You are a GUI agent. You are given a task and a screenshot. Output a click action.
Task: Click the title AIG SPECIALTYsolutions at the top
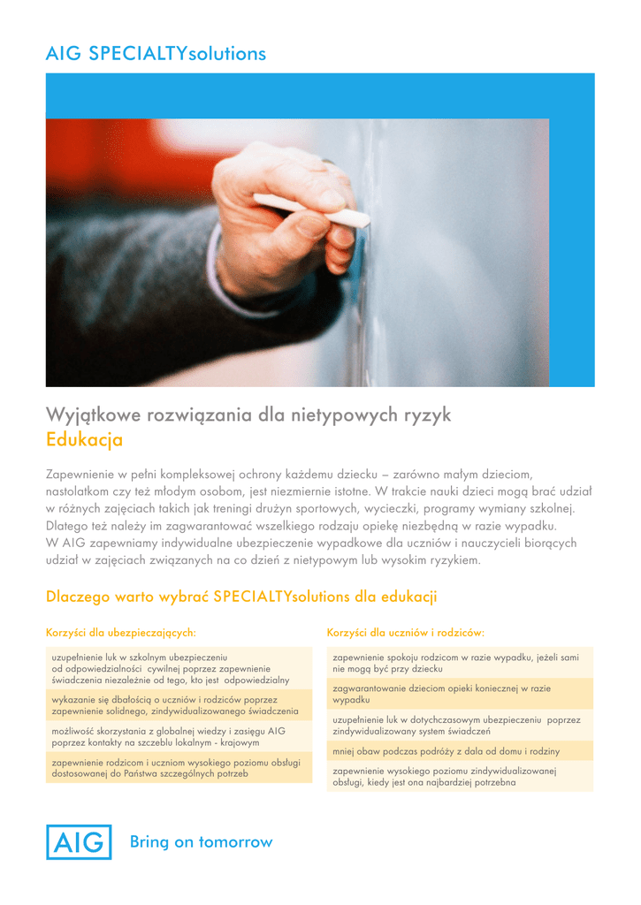click(156, 54)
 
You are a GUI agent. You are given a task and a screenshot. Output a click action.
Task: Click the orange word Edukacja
click(84, 439)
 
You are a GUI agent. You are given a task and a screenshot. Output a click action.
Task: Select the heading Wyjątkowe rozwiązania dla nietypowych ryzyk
click(248, 414)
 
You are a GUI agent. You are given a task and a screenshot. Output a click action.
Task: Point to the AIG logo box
click(79, 842)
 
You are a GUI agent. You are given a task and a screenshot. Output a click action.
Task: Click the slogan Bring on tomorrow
click(201, 842)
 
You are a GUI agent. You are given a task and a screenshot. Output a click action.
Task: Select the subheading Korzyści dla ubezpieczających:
click(120, 632)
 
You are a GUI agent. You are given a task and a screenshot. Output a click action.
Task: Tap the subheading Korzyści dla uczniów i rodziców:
click(405, 632)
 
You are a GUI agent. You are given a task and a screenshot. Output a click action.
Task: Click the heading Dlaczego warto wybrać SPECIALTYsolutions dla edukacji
click(241, 597)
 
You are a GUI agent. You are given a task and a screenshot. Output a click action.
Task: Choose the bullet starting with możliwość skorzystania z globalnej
click(168, 737)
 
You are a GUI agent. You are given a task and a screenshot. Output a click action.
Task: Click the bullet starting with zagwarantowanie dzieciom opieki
click(441, 693)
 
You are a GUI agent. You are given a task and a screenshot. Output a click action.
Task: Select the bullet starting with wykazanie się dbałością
click(175, 705)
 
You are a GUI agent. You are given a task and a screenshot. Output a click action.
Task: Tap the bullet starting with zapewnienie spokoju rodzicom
click(455, 663)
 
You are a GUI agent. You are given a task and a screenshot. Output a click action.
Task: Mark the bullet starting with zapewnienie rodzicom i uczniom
click(177, 767)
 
